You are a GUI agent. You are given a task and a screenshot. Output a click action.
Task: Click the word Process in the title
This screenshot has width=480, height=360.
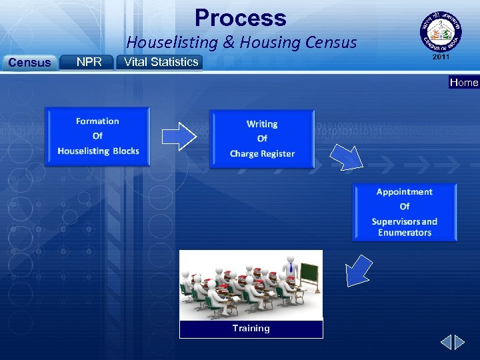click(240, 18)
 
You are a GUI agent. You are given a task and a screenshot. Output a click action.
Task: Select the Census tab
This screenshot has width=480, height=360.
click(28, 63)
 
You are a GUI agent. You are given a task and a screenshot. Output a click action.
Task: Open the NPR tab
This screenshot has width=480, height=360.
click(89, 62)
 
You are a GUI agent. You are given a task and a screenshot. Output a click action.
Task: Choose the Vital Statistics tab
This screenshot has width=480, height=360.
click(159, 62)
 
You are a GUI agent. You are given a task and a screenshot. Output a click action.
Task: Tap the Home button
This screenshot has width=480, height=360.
click(464, 83)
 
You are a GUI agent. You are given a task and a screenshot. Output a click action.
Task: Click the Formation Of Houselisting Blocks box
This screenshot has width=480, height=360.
click(98, 136)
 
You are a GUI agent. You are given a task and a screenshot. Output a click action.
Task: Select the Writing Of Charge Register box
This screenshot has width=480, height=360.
click(262, 139)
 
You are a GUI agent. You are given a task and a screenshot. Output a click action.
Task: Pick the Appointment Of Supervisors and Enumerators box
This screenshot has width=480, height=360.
click(405, 212)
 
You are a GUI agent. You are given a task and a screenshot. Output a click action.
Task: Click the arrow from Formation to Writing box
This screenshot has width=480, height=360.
click(179, 136)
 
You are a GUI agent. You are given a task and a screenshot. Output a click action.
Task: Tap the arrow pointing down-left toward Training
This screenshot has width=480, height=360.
click(359, 271)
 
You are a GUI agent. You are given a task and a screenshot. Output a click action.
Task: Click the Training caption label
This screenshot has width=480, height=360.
click(251, 328)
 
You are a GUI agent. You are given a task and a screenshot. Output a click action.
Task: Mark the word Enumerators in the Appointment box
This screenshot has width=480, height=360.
click(405, 233)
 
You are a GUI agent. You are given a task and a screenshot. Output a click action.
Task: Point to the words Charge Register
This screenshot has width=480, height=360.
click(262, 154)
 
